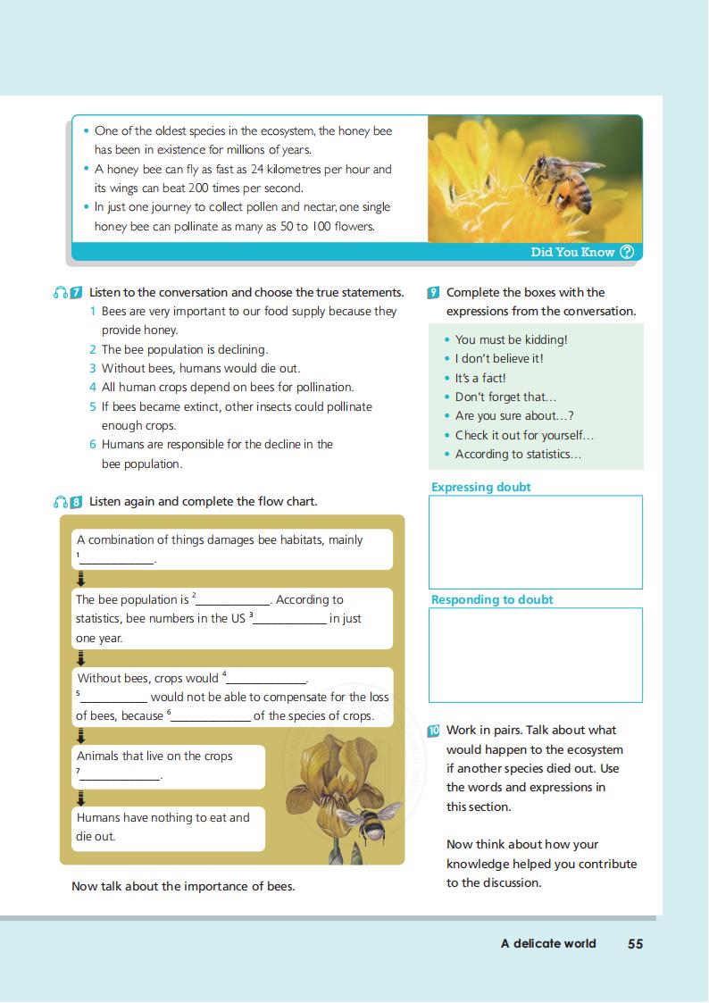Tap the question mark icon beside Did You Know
tap(627, 252)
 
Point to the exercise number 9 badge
tap(433, 292)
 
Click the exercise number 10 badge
tap(433, 731)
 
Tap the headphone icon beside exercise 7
tap(61, 292)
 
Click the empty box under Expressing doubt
tap(535, 542)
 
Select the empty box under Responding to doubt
tap(535, 655)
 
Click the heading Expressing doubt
tap(480, 487)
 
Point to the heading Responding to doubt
tap(492, 600)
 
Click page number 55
tap(635, 943)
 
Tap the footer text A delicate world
tap(548, 943)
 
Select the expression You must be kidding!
tap(511, 339)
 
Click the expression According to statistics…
tap(518, 454)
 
